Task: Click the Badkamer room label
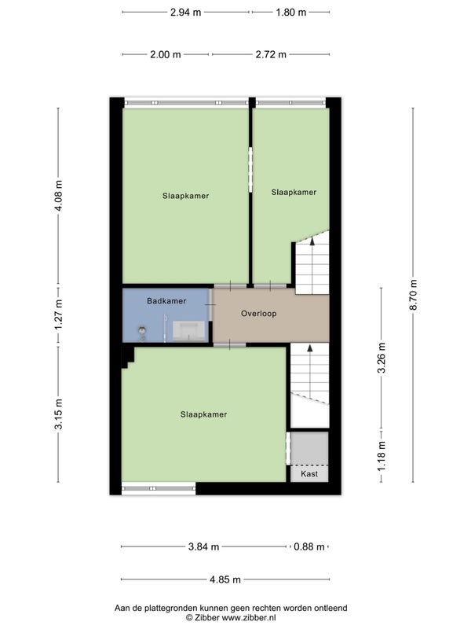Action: click(x=166, y=301)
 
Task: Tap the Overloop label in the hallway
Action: click(x=259, y=313)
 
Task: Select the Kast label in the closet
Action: click(x=309, y=474)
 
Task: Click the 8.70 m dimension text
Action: click(x=414, y=294)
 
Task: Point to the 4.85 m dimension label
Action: click(x=225, y=579)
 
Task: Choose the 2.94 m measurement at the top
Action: click(x=186, y=12)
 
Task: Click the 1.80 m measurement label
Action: click(x=291, y=12)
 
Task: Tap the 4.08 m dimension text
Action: click(x=58, y=196)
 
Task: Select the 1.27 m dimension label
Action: click(x=58, y=314)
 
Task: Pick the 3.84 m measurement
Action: click(x=204, y=546)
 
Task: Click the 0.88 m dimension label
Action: click(x=309, y=546)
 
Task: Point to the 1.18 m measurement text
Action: click(x=382, y=456)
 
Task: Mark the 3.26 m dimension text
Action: click(x=382, y=358)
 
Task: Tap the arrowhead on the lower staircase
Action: click(x=309, y=348)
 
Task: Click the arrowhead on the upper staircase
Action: click(x=312, y=241)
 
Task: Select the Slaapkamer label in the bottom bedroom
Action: click(x=203, y=414)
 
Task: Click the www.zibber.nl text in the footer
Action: click(x=249, y=618)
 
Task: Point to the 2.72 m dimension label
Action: click(x=271, y=54)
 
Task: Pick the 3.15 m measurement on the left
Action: click(x=58, y=414)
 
